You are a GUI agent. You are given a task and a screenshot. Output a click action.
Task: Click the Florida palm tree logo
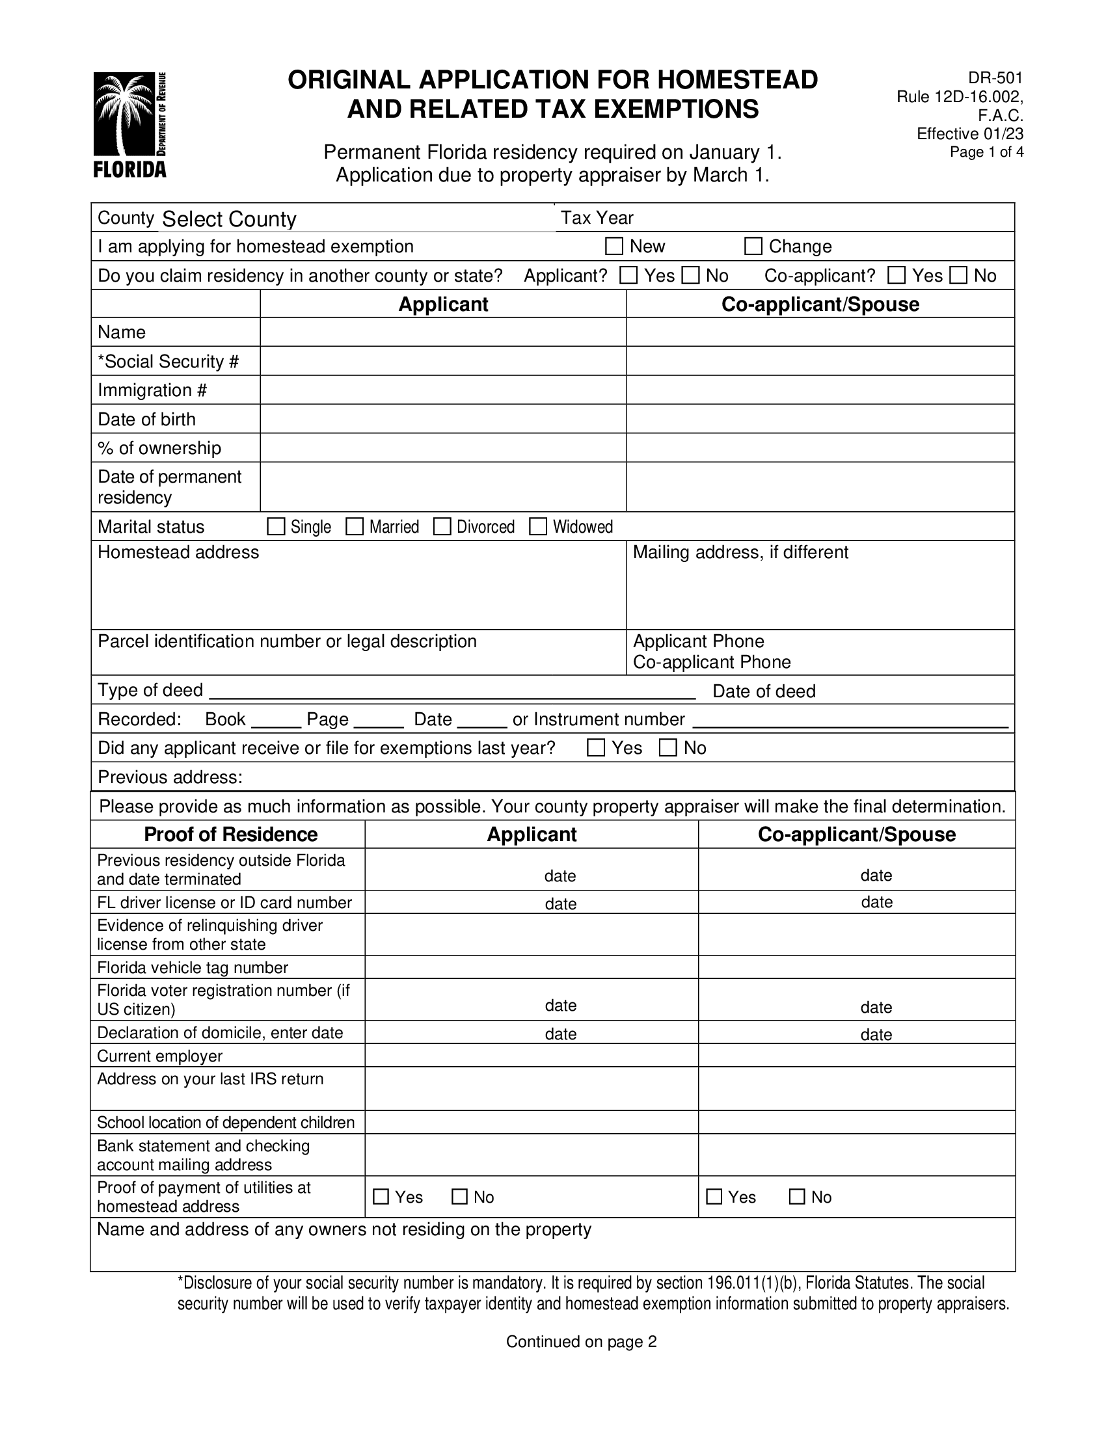tap(129, 124)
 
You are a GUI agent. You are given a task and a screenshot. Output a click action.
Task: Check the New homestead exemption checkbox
tap(614, 247)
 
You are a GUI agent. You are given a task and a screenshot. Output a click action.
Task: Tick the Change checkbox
tap(753, 247)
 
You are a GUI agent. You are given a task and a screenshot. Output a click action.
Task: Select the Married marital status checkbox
tap(355, 527)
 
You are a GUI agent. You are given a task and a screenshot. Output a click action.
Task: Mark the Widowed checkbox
tap(538, 527)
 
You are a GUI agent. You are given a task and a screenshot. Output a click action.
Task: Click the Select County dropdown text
tap(228, 219)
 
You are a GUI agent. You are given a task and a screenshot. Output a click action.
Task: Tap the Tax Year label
tap(597, 217)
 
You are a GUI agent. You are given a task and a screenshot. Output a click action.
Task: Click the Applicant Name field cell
tap(443, 332)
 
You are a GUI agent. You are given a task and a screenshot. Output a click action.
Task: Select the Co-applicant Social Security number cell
tap(820, 361)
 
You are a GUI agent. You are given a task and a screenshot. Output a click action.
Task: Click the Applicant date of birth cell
tap(443, 419)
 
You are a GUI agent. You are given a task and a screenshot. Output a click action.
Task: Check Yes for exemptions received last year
tap(596, 747)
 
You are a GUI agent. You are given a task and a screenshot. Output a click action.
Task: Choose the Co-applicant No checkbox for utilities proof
tap(797, 1196)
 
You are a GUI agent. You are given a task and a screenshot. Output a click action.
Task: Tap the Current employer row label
tap(160, 1056)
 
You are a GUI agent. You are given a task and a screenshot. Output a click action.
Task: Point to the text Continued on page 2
tap(581, 1341)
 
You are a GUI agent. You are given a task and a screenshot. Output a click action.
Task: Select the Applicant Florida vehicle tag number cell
tap(532, 967)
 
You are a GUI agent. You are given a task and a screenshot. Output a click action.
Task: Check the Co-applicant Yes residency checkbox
tap(897, 275)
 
